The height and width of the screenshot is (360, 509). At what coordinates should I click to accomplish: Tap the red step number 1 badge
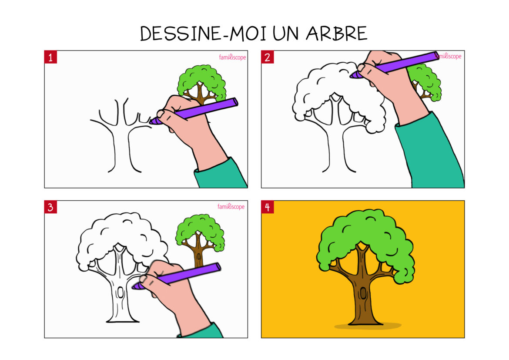pos(50,57)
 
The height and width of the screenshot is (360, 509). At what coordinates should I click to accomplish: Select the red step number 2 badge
pos(267,57)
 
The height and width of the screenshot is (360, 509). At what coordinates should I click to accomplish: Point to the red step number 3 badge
pos(50,207)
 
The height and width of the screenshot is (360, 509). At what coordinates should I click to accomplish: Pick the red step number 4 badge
pos(267,207)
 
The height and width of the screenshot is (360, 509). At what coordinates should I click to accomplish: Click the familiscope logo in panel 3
pos(231,207)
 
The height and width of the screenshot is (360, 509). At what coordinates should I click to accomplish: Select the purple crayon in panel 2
pos(396,64)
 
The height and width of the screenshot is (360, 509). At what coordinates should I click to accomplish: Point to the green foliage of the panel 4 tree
pos(365,231)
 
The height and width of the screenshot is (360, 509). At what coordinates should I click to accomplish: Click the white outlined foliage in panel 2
pos(322,83)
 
